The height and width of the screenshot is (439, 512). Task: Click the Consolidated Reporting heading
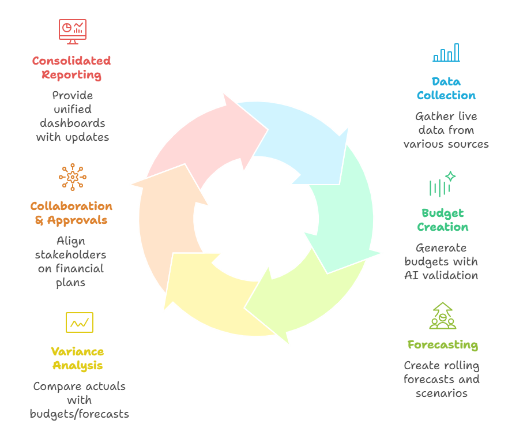click(x=71, y=67)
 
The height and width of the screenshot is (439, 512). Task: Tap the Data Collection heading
click(x=446, y=88)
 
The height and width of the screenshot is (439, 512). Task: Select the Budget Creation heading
click(x=443, y=220)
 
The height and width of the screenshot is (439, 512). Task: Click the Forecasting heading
click(x=442, y=345)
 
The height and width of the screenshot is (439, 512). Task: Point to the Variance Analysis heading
click(x=78, y=358)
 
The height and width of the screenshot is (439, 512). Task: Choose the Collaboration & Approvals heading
click(x=71, y=213)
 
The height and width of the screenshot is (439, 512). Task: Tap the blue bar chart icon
click(x=446, y=52)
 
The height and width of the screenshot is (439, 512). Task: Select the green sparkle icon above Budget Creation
click(x=442, y=185)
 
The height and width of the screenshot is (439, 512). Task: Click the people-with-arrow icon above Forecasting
click(x=442, y=316)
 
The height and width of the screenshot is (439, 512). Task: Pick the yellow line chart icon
click(x=79, y=322)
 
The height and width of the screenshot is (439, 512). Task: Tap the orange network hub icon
click(x=73, y=177)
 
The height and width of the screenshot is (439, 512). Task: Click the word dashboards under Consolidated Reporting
click(x=73, y=123)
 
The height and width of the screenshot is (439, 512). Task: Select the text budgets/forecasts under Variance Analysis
click(x=80, y=414)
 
